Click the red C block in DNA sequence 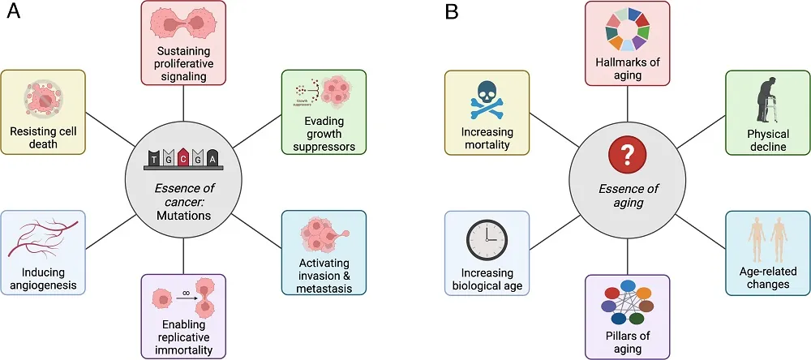tap(184, 159)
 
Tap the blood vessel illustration tap(41, 240)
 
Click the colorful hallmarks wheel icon tap(627, 35)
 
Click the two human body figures tap(767, 240)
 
